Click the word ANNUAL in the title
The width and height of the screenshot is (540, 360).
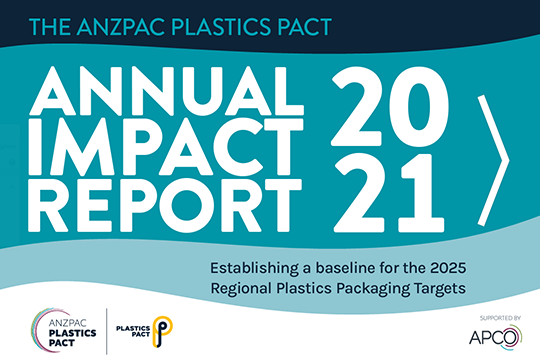point(166,91)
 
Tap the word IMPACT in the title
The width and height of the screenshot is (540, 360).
point(166,147)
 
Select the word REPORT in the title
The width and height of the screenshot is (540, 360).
point(165,205)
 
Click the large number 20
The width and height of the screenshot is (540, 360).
point(391,106)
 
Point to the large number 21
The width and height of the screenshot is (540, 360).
point(389,193)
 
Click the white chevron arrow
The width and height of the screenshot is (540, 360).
point(494,161)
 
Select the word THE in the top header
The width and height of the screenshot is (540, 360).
point(51,27)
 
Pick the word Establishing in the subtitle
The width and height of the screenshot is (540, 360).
point(254,269)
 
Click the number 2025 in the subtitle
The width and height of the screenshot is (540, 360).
point(448,268)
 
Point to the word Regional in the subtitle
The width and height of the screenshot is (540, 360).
point(241,289)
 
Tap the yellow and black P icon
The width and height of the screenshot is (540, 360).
point(162,331)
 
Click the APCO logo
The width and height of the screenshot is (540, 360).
point(495,337)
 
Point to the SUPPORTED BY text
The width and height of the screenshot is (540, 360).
point(500,318)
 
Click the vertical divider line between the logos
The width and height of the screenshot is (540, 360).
point(106,331)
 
